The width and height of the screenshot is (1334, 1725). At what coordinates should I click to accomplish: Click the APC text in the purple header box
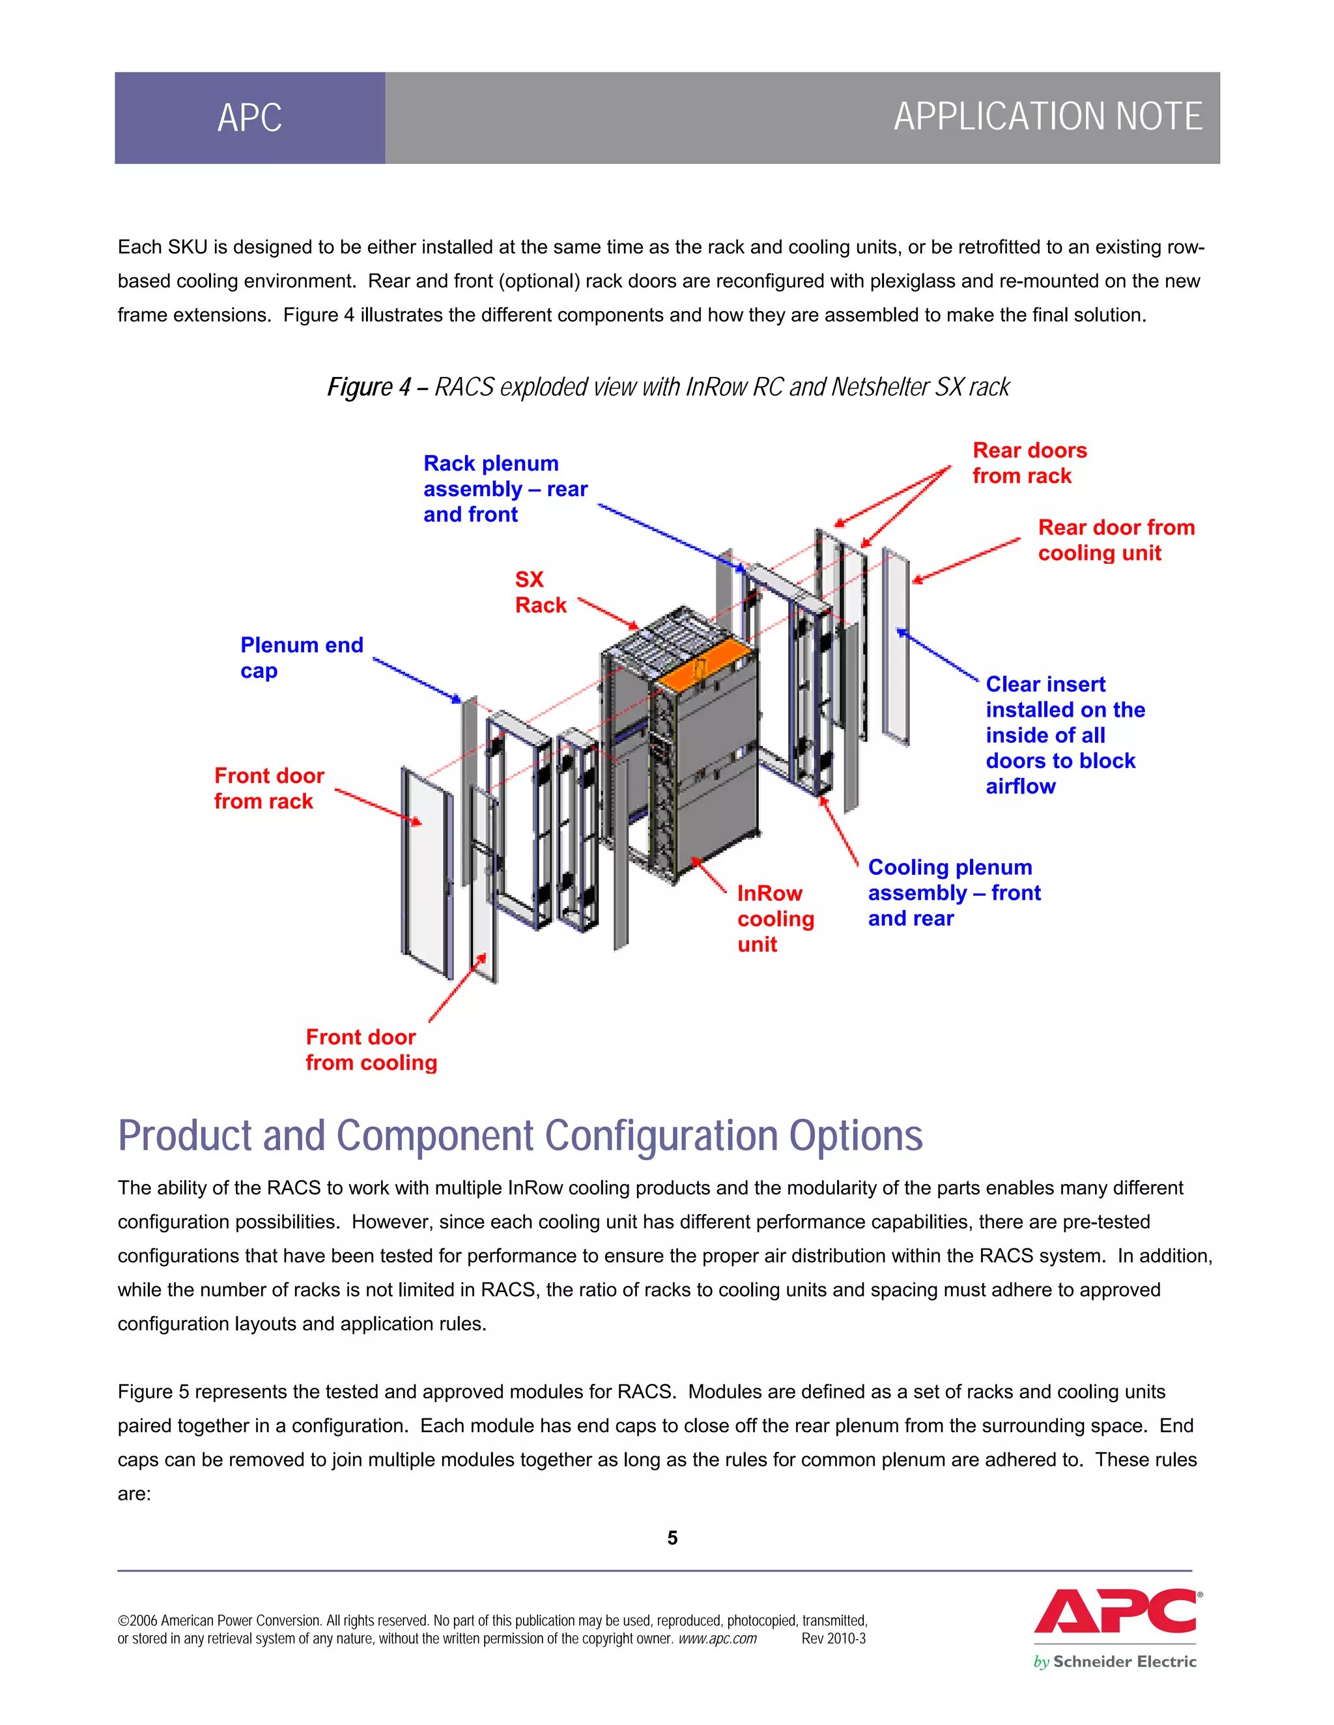pos(249,118)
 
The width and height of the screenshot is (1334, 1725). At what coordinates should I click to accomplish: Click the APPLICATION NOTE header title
pos(1047,117)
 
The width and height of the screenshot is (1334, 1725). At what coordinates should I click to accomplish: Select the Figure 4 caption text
pos(668,387)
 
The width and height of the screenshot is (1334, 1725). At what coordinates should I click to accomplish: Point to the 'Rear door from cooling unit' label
pos(1115,540)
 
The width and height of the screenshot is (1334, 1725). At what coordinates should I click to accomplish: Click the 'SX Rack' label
pos(540,592)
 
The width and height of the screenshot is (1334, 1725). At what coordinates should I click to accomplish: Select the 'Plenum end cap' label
pos(301,657)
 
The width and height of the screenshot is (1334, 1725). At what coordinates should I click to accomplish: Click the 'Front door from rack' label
pos(269,788)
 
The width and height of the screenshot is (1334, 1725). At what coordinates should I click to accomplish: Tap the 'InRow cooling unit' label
pos(774,918)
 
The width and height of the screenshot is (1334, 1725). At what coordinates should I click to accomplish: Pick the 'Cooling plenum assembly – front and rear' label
pos(953,892)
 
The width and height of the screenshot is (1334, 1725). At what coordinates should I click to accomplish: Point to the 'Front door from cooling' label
pos(371,1050)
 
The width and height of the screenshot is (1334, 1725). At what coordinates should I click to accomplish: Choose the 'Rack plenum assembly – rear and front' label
pos(504,489)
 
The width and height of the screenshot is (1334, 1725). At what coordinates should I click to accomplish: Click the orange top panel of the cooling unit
pos(705,659)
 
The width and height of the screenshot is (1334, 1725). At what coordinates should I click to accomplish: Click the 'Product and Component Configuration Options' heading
pos(520,1136)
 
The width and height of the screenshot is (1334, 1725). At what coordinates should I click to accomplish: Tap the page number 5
pos(672,1538)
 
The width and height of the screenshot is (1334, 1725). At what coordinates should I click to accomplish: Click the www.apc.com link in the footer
pos(717,1639)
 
